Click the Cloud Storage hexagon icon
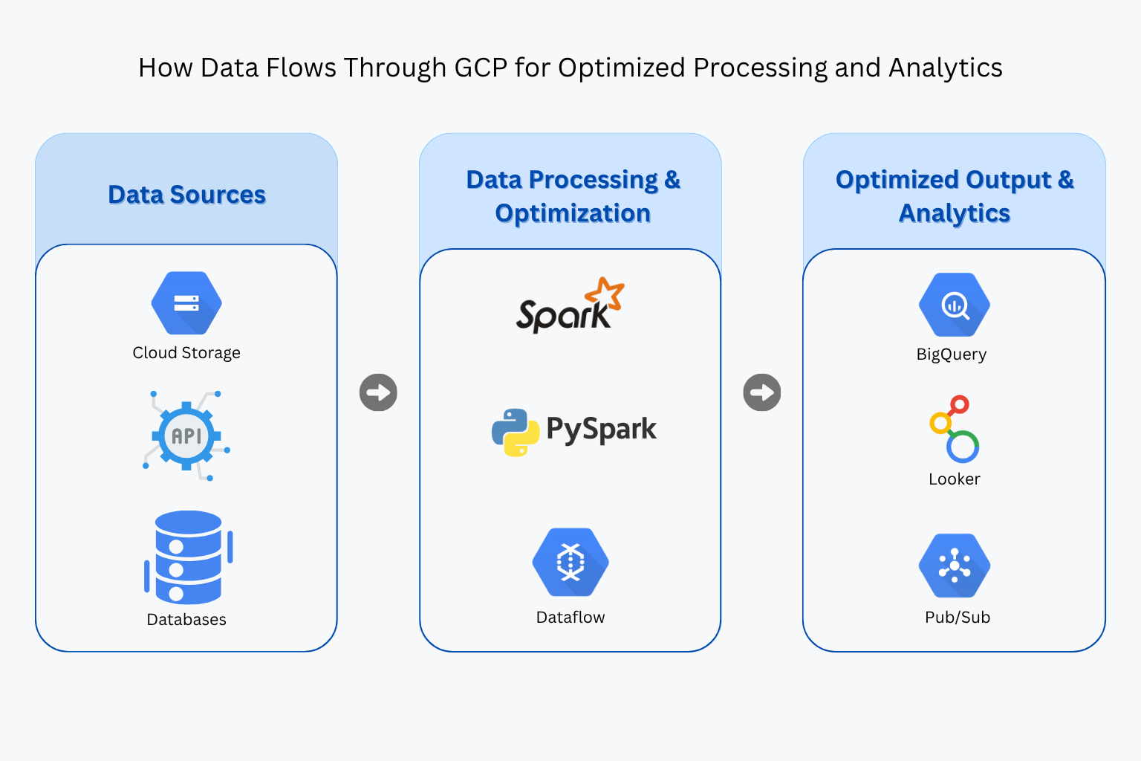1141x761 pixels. (186, 303)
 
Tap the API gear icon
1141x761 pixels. (186, 436)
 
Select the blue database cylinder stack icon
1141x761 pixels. (188, 557)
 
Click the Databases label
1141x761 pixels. (186, 620)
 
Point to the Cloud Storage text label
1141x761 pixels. (186, 353)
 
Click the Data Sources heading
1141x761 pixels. (186, 195)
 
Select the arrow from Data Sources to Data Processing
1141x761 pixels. (378, 392)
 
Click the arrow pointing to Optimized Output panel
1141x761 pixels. (762, 392)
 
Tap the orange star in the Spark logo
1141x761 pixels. (605, 294)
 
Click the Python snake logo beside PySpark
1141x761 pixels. (515, 432)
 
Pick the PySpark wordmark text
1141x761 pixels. (601, 430)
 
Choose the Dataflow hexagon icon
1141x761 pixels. (570, 563)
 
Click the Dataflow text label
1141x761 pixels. (570, 618)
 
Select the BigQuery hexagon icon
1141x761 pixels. (955, 305)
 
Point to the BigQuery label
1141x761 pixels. (952, 354)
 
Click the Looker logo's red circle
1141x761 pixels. (959, 404)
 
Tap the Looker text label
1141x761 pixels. (955, 479)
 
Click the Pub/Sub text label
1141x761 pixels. (958, 618)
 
